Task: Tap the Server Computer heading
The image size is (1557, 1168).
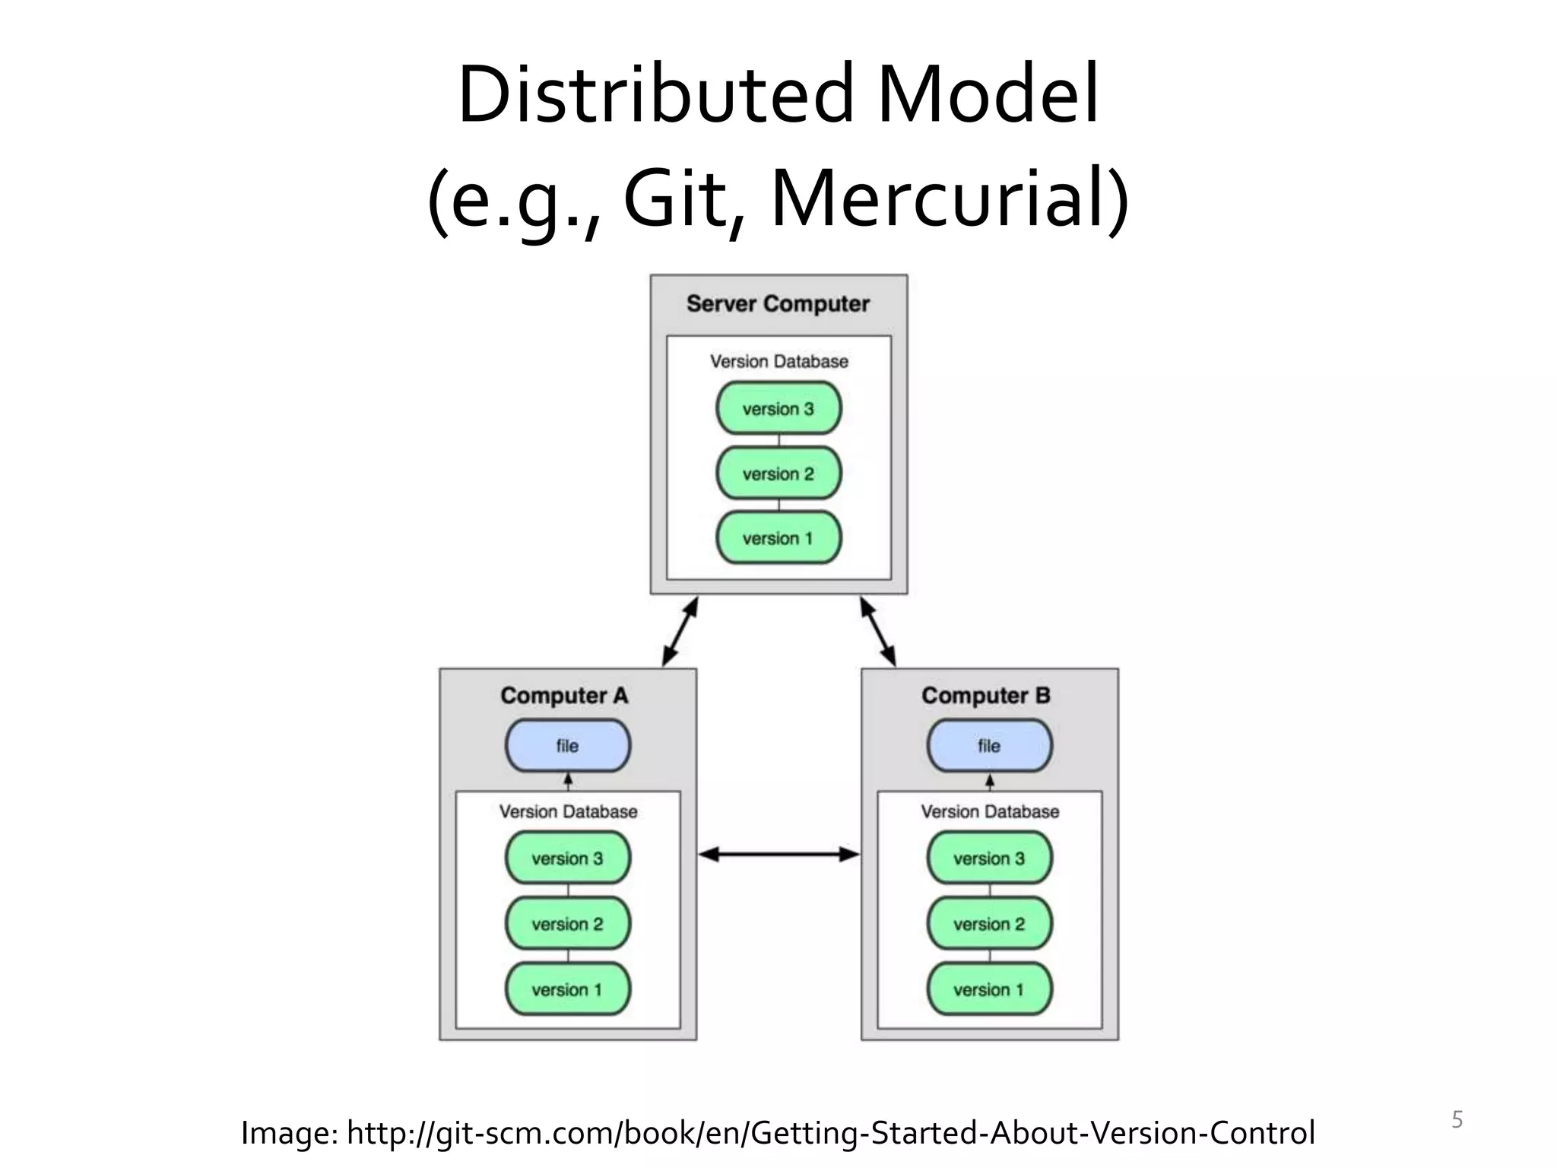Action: [778, 303]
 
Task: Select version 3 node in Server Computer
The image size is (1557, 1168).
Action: [778, 408]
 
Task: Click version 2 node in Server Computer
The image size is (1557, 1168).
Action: [778, 474]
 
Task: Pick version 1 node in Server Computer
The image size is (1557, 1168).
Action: [778, 538]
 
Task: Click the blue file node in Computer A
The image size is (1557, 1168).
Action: [568, 746]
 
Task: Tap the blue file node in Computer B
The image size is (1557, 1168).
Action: [989, 746]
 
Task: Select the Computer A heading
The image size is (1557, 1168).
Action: [564, 695]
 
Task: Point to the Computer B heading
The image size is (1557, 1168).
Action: [985, 695]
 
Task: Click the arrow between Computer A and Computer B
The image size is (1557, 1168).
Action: [778, 855]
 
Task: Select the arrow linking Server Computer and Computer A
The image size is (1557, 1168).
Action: [680, 632]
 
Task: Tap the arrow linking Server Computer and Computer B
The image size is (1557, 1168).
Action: [878, 632]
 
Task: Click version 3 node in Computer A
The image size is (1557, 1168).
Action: [568, 859]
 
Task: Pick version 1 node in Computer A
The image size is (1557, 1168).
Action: [568, 989]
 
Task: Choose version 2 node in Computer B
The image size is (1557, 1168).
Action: [989, 924]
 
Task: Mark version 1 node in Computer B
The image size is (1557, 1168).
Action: [989, 989]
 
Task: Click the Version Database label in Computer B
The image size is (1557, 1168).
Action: [989, 811]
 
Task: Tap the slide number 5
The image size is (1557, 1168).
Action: [1457, 1119]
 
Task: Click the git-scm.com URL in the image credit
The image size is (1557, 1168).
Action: [830, 1133]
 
